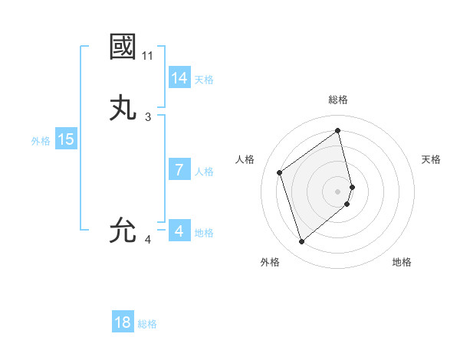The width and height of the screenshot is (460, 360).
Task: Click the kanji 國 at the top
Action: point(123,47)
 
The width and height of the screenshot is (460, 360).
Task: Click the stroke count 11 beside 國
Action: point(148,56)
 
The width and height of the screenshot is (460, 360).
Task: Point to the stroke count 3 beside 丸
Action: point(148,117)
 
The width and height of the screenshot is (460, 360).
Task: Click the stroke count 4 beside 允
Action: point(148,240)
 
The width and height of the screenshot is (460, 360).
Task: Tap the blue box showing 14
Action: point(179,78)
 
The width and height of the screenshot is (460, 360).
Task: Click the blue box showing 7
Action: point(179,170)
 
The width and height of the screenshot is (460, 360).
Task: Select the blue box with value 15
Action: point(66,139)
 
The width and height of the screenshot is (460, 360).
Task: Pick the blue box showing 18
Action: point(123,322)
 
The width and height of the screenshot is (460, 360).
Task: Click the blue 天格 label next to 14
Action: point(204,80)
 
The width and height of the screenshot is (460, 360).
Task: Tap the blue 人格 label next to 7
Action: point(204,172)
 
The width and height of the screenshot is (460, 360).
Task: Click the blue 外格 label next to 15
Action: point(41,141)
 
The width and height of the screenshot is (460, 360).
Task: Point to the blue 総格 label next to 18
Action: point(147,324)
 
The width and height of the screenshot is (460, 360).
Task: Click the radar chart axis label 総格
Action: point(338,100)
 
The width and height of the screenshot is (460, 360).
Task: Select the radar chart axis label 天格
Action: point(431,159)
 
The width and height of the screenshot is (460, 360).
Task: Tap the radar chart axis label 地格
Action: point(402,262)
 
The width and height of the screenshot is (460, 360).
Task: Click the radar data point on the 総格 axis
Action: point(338,130)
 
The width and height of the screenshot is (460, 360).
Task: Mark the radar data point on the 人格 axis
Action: point(280,172)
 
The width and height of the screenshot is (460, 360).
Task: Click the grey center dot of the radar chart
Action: point(338,191)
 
